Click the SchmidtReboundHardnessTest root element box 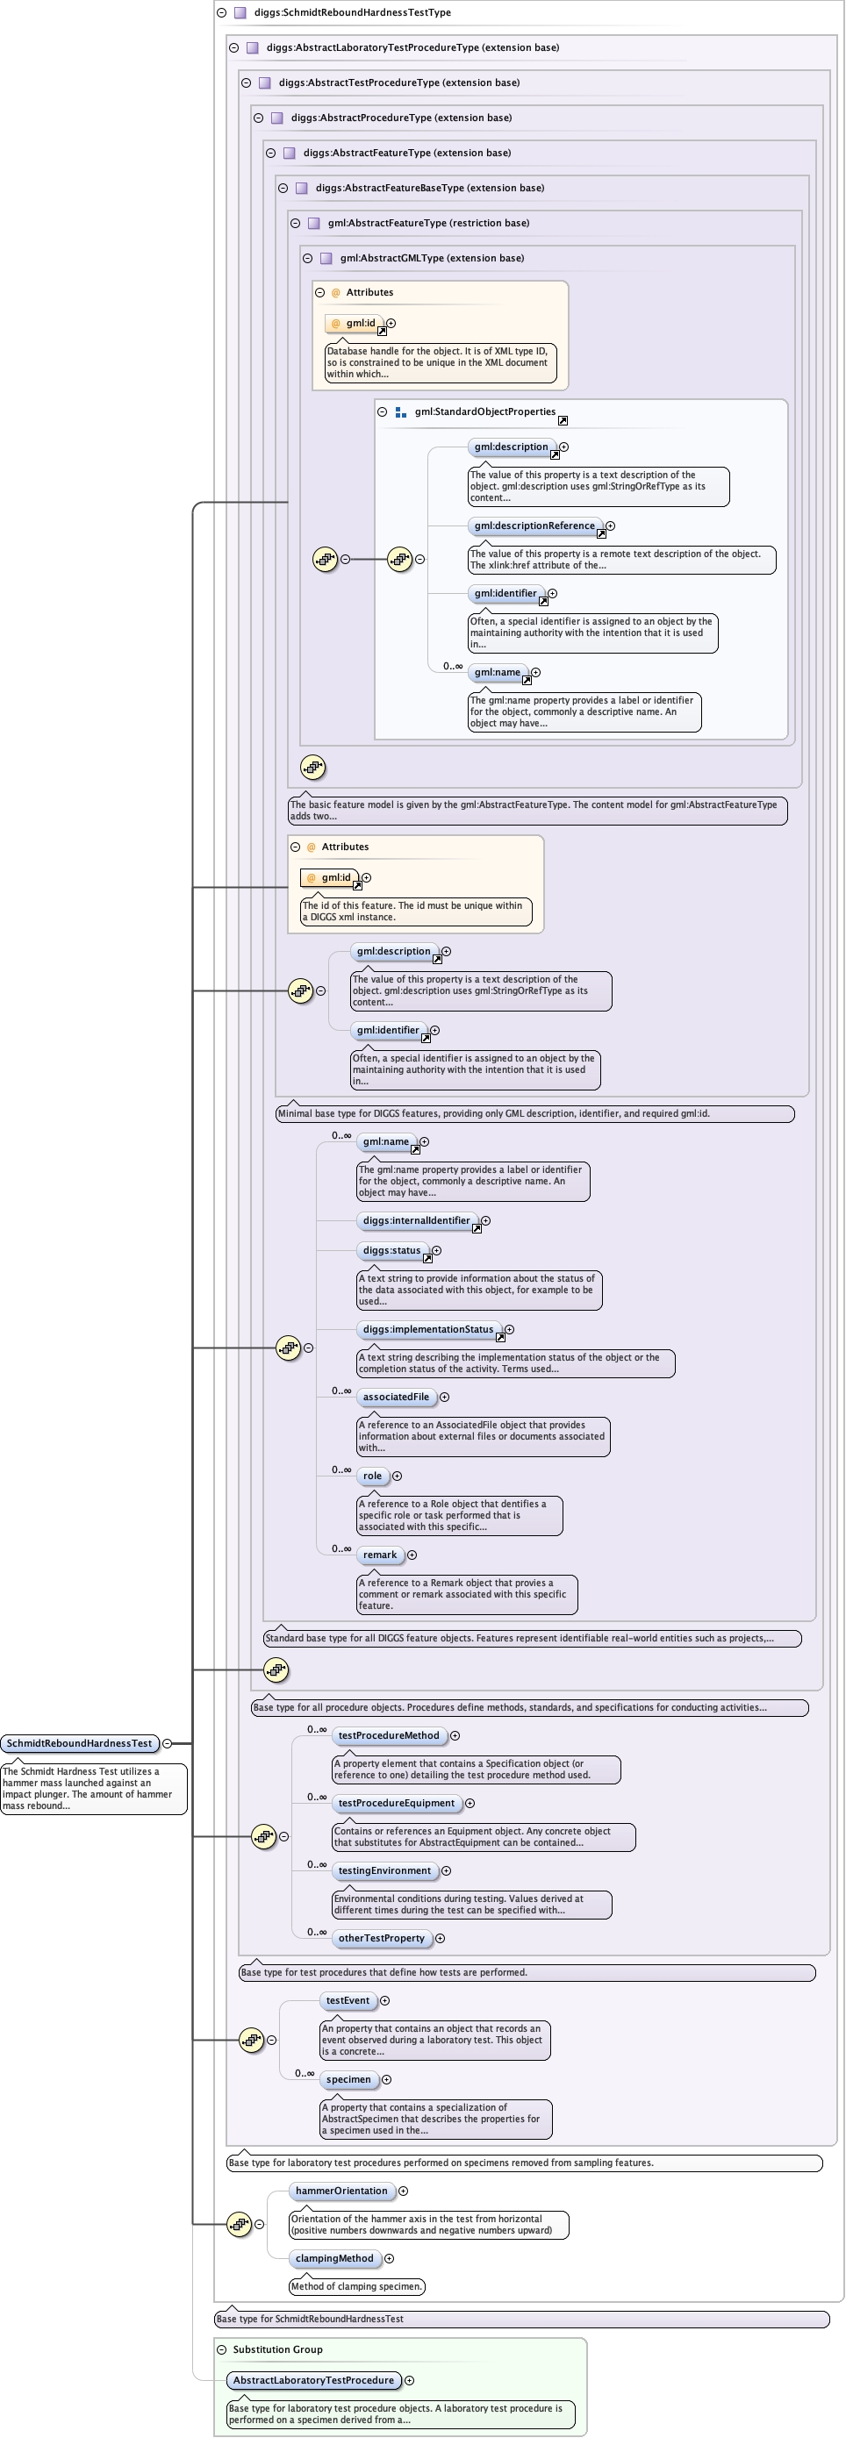point(80,1743)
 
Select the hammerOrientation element point(341,2191)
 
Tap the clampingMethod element point(334,2258)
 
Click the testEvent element point(348,2001)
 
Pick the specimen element point(348,2079)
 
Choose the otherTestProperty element point(382,1938)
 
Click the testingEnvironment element point(384,1871)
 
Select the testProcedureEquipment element point(397,1803)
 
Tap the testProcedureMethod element point(389,1736)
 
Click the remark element point(379,1555)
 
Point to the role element point(372,1476)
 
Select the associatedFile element point(396,1397)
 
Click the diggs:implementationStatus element point(427,1330)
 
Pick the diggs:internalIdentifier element point(415,1221)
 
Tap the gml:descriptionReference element point(534,526)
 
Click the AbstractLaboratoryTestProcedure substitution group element point(313,2380)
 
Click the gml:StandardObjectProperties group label point(484,411)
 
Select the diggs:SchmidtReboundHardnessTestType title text point(352,12)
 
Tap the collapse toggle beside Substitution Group point(221,2349)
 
